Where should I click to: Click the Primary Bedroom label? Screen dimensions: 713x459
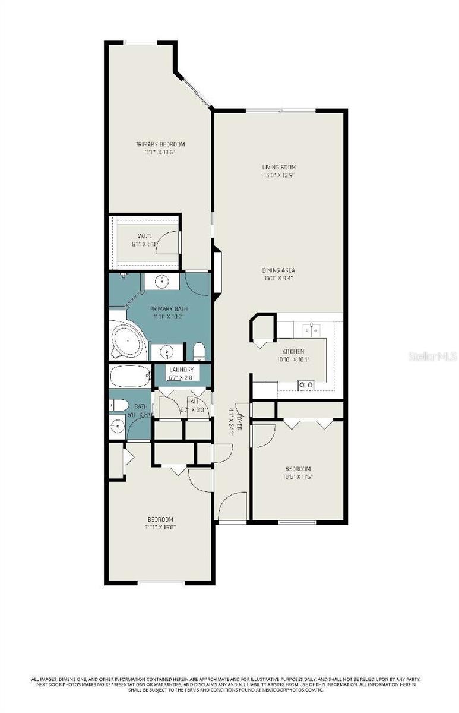(160, 144)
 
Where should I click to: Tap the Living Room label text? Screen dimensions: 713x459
(279, 168)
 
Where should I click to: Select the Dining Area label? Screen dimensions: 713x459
(278, 270)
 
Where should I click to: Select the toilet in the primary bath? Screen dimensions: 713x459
(199, 352)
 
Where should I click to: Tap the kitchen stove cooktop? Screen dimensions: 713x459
(306, 385)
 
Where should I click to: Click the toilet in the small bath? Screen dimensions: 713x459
(119, 406)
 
